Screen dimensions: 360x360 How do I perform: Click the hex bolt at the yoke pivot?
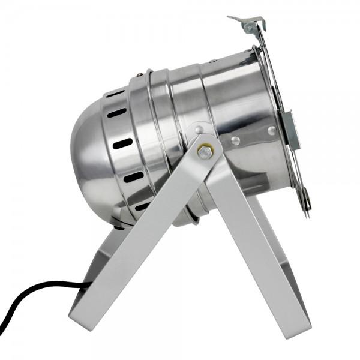pyautogui.click(x=205, y=152)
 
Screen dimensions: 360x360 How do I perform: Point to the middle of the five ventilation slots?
pyautogui.click(x=123, y=143)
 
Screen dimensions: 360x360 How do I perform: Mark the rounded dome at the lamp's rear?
pyautogui.click(x=90, y=150)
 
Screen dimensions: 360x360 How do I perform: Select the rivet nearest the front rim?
pyautogui.click(x=272, y=131)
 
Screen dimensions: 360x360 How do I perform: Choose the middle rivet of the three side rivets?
pyautogui.click(x=236, y=140)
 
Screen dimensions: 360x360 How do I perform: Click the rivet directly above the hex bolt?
pyautogui.click(x=199, y=128)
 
